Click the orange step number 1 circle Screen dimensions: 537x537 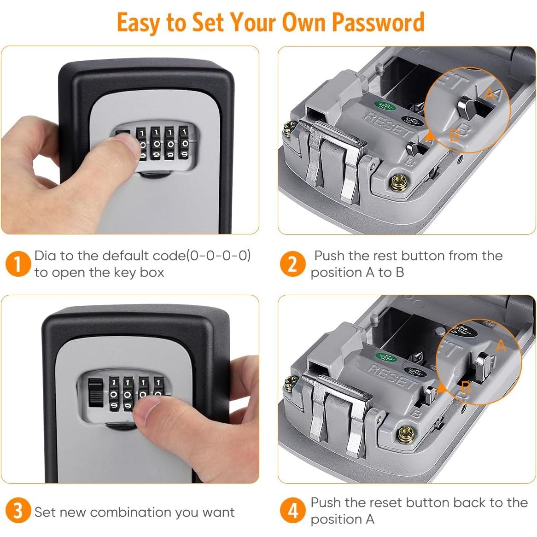18,264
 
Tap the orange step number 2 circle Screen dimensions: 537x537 292,264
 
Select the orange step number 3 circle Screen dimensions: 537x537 18,511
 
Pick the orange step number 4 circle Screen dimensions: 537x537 292,511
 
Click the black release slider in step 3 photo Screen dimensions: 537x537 95,393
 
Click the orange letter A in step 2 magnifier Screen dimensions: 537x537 490,94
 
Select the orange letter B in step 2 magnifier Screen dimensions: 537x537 454,135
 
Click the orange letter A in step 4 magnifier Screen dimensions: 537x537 501,345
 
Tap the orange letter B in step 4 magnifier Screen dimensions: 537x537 466,387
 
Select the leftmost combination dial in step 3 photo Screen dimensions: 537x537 113,394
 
